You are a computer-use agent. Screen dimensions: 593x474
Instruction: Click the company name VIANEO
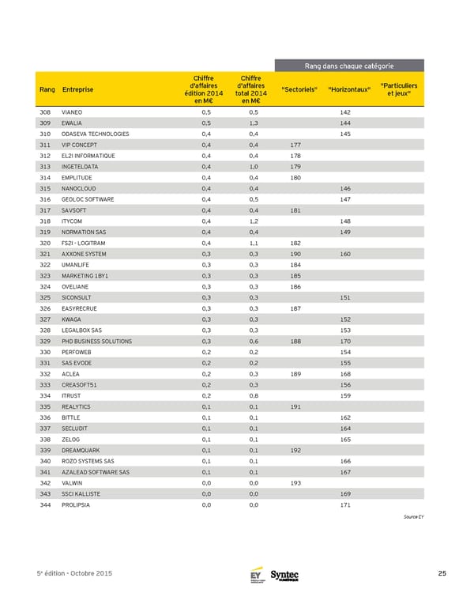pyautogui.click(x=72, y=113)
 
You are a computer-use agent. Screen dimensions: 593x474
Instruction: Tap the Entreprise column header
pyautogui.click(x=77, y=89)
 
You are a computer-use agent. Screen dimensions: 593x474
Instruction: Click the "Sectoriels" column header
pyautogui.click(x=299, y=89)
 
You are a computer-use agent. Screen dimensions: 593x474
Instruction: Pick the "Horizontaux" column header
pyautogui.click(x=349, y=89)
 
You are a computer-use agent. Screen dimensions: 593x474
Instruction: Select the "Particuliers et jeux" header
pyautogui.click(x=399, y=89)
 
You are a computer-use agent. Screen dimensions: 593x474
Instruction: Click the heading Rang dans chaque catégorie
pyautogui.click(x=349, y=66)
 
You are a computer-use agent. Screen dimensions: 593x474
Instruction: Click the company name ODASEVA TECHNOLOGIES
pyautogui.click(x=95, y=134)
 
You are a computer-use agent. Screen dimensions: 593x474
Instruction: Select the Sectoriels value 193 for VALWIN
pyautogui.click(x=295, y=482)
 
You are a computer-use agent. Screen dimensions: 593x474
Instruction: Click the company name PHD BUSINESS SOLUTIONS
pyautogui.click(x=96, y=341)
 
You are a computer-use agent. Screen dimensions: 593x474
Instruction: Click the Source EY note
pyautogui.click(x=413, y=516)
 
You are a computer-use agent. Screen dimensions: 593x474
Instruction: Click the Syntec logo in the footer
pyautogui.click(x=284, y=575)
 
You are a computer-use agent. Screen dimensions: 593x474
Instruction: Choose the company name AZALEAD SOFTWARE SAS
pyautogui.click(x=96, y=471)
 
